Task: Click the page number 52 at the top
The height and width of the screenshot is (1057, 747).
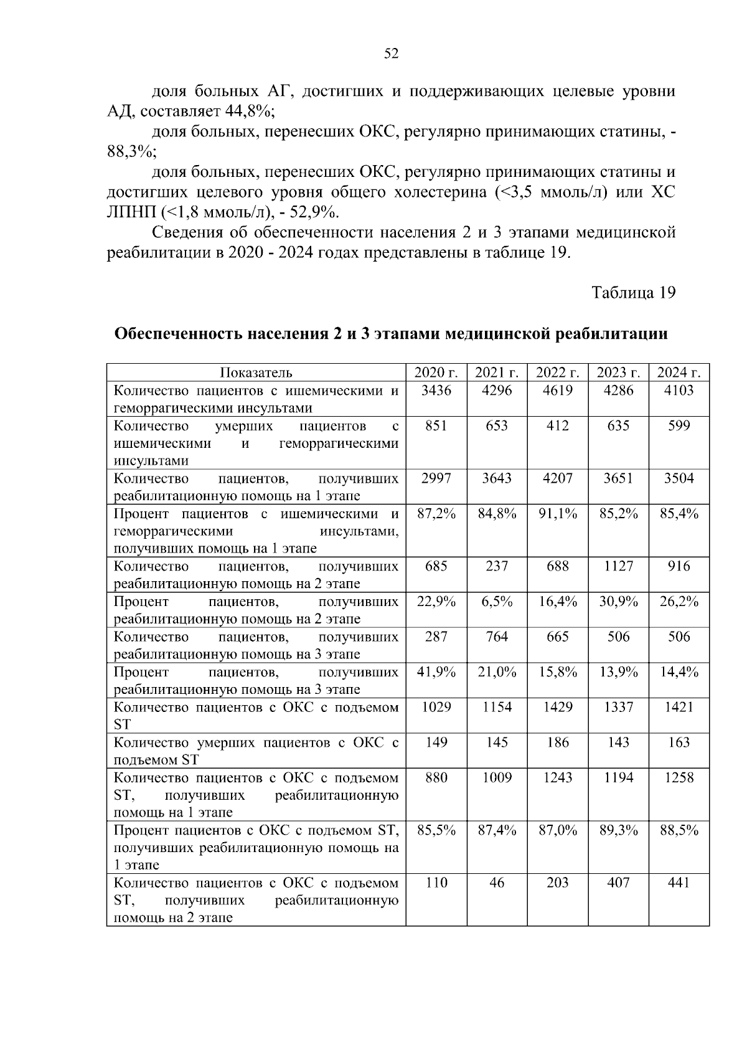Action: (391, 54)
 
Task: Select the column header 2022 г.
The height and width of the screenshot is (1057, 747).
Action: (558, 373)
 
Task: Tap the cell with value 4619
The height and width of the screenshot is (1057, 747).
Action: (558, 391)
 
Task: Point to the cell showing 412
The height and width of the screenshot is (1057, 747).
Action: (558, 426)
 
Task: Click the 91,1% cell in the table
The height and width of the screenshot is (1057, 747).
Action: (558, 514)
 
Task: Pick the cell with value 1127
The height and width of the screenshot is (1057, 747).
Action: (618, 566)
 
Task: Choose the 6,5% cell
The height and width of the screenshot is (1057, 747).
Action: (497, 602)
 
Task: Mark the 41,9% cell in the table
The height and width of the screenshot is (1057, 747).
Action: (436, 672)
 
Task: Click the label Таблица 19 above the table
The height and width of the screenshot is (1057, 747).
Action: (633, 293)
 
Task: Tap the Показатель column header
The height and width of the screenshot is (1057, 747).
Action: (256, 373)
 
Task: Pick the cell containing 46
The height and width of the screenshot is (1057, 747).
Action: (497, 883)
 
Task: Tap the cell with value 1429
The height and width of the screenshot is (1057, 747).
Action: (558, 708)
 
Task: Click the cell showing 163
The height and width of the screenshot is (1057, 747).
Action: (679, 742)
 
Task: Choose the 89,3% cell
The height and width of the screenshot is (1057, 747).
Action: (618, 830)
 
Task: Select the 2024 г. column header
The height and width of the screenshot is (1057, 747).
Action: (679, 373)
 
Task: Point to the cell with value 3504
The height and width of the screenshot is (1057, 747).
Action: (679, 478)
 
